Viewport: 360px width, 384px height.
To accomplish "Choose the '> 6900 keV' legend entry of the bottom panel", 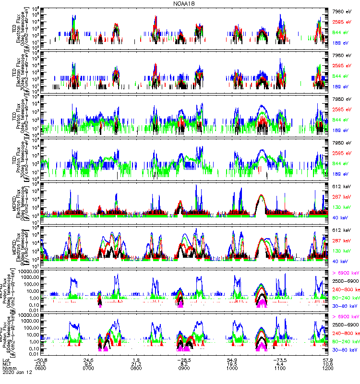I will point(345,317).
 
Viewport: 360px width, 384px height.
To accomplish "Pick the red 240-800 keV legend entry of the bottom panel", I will point(345,333).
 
